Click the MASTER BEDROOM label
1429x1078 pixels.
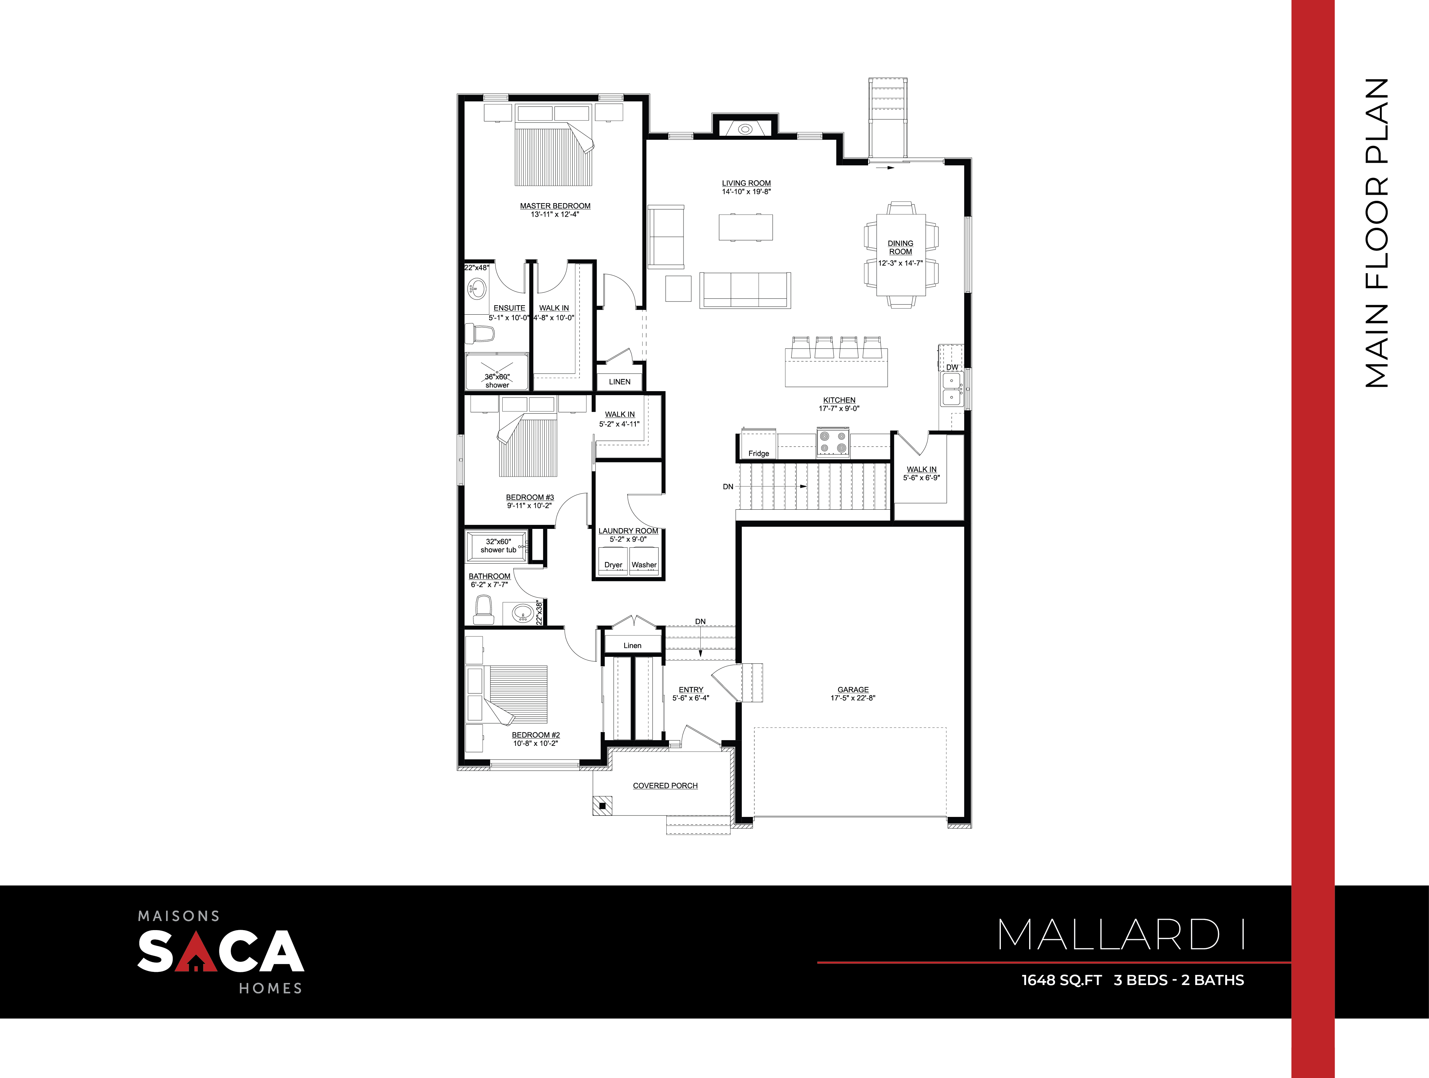click(555, 206)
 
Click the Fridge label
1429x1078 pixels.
click(758, 453)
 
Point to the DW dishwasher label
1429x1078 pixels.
click(952, 367)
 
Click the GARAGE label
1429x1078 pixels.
click(853, 690)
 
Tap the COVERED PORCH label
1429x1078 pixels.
click(665, 785)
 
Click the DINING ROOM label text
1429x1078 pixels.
click(900, 247)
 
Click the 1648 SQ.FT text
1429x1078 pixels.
click(1061, 980)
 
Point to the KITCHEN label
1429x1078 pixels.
click(839, 401)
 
